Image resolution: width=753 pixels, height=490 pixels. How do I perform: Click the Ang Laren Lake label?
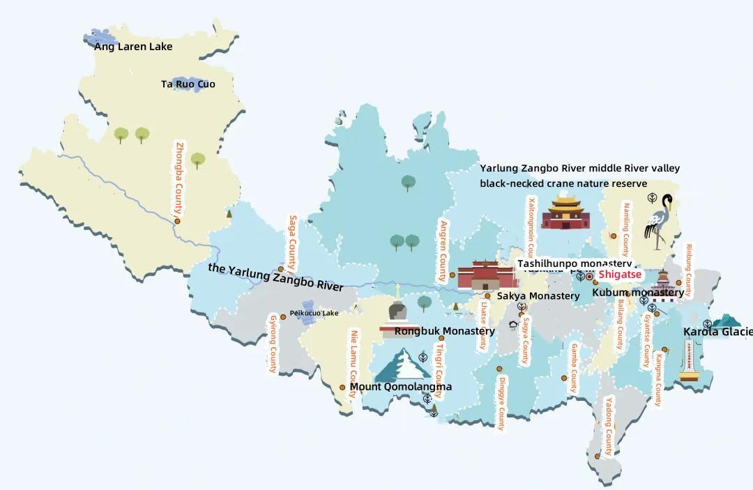point(133,47)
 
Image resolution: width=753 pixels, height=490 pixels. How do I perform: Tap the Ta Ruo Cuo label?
point(188,84)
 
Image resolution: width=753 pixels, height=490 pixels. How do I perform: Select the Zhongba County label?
point(180,178)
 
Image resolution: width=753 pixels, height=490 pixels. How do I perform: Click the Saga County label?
point(293,243)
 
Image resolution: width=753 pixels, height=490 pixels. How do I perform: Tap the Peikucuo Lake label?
point(314,314)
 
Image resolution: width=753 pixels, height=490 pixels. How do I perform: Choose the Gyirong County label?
point(273,344)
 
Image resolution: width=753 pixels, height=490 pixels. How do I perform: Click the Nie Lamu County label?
point(353,364)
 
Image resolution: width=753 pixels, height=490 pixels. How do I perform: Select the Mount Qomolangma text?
point(401,387)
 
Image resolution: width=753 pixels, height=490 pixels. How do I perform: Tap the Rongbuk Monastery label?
point(445,331)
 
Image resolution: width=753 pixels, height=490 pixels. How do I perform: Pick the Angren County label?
point(442,251)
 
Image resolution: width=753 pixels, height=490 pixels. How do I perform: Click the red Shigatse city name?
point(620,275)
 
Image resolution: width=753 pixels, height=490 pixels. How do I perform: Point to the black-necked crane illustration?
point(658,222)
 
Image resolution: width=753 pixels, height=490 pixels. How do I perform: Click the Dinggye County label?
point(501,404)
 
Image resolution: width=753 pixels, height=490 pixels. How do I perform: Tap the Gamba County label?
point(575,367)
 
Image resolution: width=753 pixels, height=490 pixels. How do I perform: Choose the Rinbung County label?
point(689,270)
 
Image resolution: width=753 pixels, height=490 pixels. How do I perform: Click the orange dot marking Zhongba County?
point(177,221)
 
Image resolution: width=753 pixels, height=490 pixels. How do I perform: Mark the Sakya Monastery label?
point(538,296)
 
